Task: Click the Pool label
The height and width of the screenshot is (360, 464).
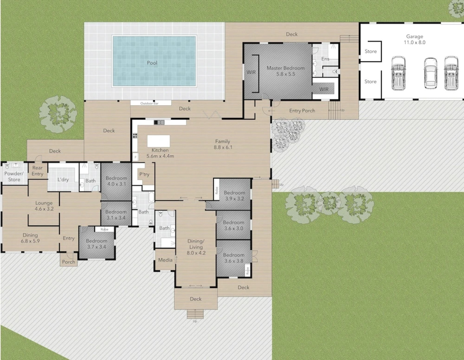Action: pos(152,63)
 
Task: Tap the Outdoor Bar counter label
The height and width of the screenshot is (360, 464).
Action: pos(149,103)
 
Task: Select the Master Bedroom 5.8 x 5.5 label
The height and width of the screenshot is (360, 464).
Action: pos(286,71)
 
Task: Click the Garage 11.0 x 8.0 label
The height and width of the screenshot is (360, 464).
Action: pos(414,39)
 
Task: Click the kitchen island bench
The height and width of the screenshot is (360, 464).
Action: pos(159,141)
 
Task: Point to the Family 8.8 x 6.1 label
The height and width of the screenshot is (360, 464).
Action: pos(223,144)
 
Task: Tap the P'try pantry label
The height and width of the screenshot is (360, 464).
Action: pos(144,174)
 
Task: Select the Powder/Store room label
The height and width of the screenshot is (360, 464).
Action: pos(14,176)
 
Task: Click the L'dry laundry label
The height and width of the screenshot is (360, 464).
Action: pos(63,179)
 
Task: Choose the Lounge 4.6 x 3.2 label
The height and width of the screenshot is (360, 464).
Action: pos(44,206)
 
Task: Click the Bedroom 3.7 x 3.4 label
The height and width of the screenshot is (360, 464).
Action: pos(97,244)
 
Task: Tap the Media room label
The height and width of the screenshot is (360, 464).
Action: pos(165,260)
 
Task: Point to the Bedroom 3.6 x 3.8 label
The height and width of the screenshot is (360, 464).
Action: pos(234,258)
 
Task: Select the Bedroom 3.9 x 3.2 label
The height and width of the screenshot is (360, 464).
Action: pos(234,196)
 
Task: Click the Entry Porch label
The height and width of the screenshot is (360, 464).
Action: pos(302,111)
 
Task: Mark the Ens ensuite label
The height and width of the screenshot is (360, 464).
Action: pos(325,59)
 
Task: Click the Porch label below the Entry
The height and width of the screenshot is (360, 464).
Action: pos(69,262)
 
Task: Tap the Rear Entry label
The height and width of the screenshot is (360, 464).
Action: pos(37,171)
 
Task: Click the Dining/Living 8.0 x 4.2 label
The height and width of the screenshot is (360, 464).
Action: pos(196,247)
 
